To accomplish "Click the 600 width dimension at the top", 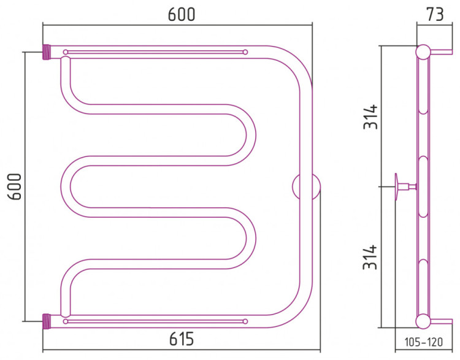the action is (x=182, y=14).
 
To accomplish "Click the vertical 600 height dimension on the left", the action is (x=15, y=186).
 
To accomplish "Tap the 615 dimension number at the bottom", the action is (x=182, y=339).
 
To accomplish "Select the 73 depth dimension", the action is (x=435, y=14).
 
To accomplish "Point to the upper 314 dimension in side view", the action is (x=370, y=117).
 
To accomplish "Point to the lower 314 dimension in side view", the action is (x=370, y=257).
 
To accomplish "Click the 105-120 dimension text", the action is (x=424, y=342).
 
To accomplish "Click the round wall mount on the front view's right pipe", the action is (x=306, y=186).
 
